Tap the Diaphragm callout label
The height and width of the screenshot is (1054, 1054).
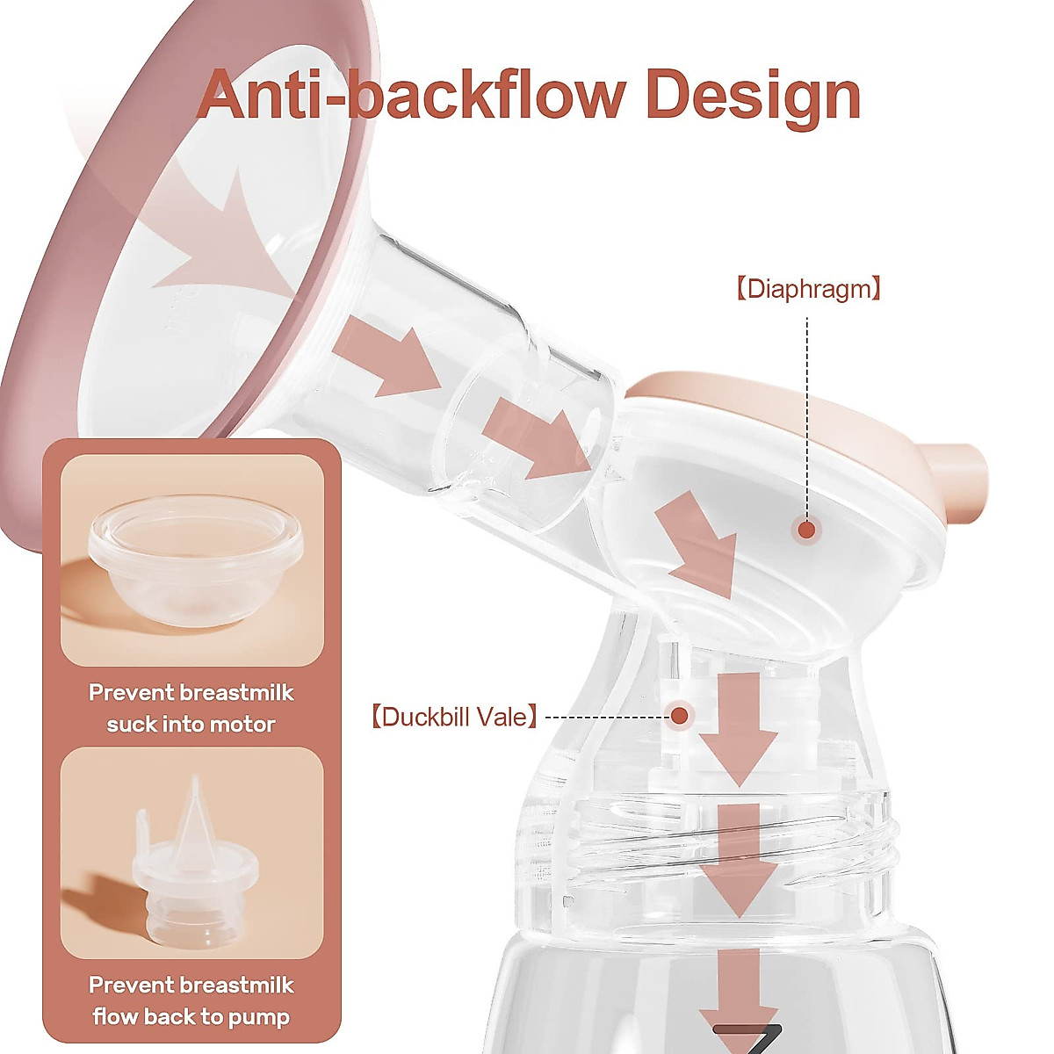click(807, 289)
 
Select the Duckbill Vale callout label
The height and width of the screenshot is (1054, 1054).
click(452, 717)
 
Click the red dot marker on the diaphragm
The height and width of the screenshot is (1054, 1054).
click(806, 529)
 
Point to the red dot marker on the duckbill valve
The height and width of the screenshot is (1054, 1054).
click(679, 716)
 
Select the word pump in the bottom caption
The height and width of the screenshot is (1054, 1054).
click(259, 1017)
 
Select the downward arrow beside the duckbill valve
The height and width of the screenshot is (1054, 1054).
click(738, 725)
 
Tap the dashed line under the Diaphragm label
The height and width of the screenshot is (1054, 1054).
click(806, 413)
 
